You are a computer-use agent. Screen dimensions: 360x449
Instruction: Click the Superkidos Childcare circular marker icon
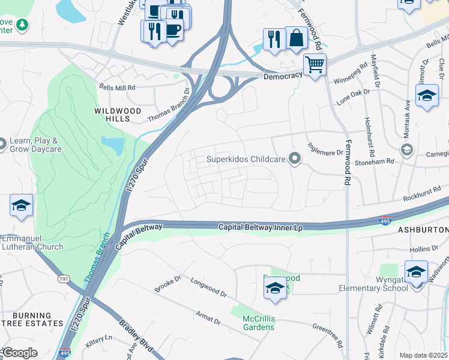click(294, 159)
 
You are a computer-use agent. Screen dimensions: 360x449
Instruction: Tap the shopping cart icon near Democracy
click(315, 63)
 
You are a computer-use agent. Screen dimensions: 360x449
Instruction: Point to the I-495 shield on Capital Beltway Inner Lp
click(387, 221)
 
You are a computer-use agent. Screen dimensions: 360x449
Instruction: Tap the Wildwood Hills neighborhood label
click(118, 115)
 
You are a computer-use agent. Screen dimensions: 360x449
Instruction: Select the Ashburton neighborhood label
click(423, 230)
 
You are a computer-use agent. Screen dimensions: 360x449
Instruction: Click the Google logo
click(20, 353)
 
